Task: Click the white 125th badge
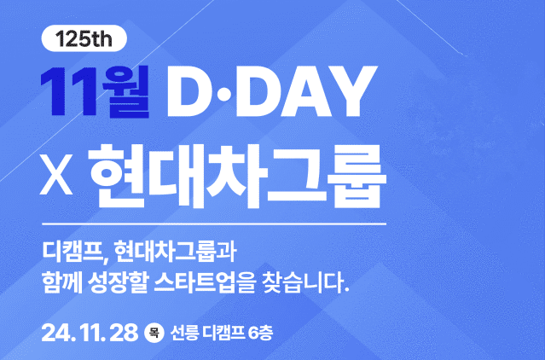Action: [84, 38]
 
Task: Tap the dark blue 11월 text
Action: [95, 90]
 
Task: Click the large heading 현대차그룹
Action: [237, 177]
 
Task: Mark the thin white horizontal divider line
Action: [214, 224]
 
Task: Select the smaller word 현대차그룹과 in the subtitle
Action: [175, 251]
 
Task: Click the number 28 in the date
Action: [124, 334]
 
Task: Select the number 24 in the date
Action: [56, 334]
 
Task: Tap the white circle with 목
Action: [154, 334]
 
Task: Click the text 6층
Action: [260, 334]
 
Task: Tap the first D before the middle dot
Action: [190, 90]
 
